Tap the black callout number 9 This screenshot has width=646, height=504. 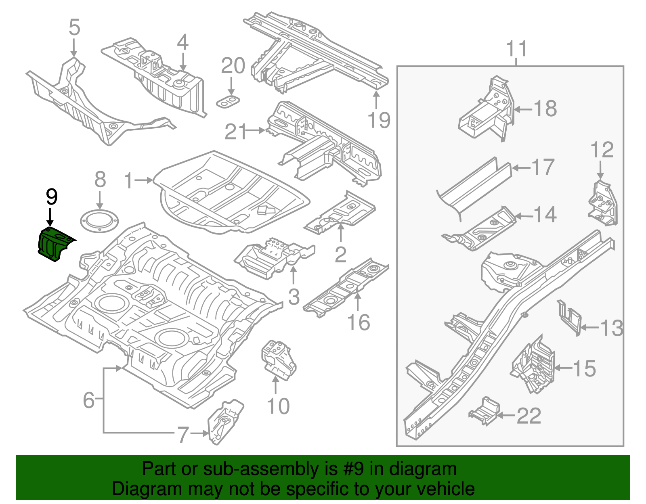coord(51,197)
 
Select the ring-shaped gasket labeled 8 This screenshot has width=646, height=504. coord(99,222)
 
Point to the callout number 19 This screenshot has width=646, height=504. coord(379,120)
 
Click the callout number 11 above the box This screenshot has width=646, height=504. coord(517,49)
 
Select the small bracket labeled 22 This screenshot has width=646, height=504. coord(484,412)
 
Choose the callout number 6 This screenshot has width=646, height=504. coord(89,400)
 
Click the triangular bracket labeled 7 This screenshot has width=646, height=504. coord(224,422)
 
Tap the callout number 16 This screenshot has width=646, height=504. coord(359,322)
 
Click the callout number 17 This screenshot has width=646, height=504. coord(543,167)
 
